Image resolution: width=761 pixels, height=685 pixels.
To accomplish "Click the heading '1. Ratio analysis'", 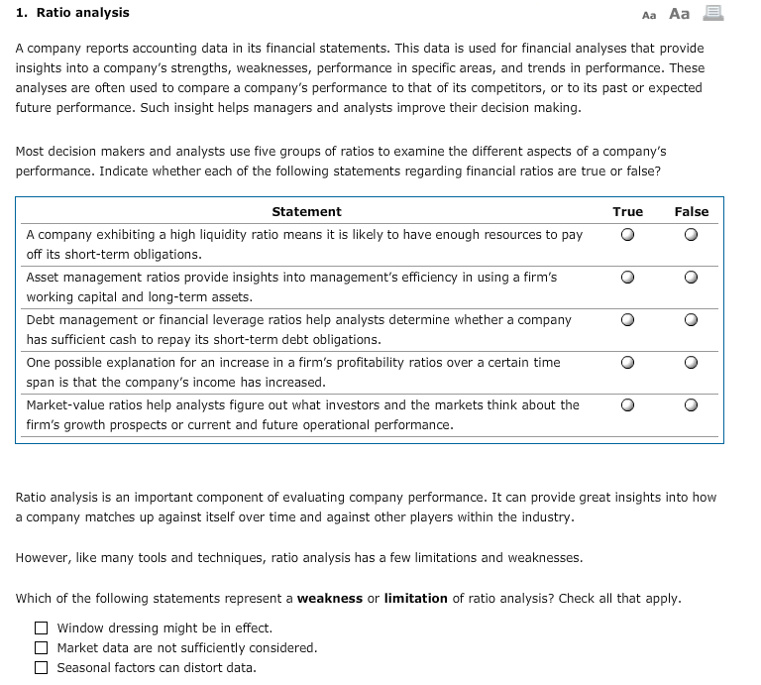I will pos(72,13).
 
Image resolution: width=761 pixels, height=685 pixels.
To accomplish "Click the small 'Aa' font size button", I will pos(649,15).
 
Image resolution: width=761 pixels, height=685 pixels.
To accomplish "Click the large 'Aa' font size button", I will pos(680,13).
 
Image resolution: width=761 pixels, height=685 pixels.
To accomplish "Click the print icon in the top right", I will pos(712,13).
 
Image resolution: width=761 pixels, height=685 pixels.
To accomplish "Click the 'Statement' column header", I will pos(306,211).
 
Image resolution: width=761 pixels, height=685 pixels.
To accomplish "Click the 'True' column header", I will pos(627,211).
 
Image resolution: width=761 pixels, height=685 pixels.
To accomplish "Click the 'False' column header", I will pos(691,211).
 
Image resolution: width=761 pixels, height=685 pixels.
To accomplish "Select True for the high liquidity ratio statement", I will pos(627,236).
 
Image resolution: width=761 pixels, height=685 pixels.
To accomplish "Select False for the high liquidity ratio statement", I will pos(691,236).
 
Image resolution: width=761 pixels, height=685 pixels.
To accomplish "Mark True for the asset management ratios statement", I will pos(627,279).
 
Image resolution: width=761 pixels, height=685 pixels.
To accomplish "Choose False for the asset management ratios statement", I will pos(691,279).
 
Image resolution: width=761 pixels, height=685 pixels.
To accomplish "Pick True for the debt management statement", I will pos(627,321).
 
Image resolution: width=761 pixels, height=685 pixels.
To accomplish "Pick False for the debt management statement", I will pos(691,321).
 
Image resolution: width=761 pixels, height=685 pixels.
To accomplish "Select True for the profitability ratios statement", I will pos(627,364).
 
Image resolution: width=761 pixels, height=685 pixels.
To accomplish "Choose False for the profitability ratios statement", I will pos(691,364).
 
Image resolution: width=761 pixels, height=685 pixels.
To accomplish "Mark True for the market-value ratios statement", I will pos(627,406).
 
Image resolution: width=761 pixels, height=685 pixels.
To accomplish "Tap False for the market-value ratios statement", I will pos(691,406).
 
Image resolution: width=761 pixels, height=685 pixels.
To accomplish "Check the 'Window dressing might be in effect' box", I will pos(41,628).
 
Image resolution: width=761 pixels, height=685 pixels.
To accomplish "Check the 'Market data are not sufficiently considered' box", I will pos(41,647).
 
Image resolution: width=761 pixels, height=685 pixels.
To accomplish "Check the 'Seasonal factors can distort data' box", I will pos(41,667).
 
